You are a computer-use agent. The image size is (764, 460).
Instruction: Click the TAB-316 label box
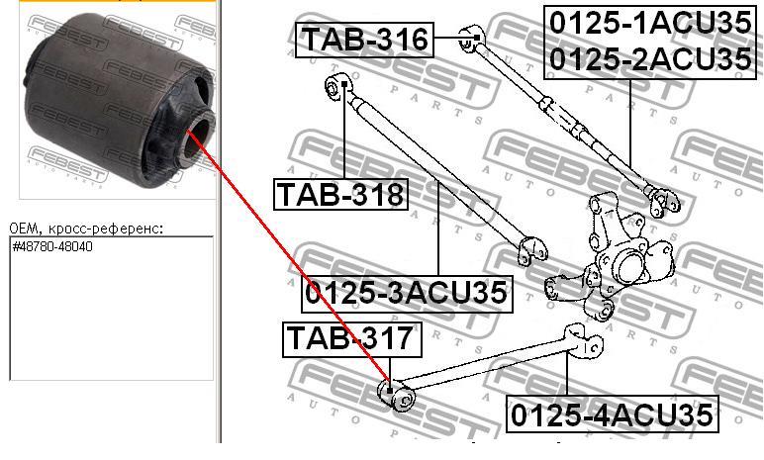364,40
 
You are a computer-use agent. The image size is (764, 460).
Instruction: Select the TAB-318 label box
340,194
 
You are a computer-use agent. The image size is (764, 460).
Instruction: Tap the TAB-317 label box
351,339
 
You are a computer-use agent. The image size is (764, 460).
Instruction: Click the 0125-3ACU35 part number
407,294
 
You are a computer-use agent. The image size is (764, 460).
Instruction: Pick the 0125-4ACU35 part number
612,414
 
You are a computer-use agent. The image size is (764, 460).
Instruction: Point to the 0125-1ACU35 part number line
650,24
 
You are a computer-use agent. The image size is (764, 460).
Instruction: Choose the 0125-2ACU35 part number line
650,59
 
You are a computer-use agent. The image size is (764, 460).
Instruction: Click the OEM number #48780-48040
52,246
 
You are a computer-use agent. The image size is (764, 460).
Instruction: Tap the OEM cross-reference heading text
86,229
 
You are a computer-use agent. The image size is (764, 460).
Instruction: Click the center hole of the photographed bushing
198,135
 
